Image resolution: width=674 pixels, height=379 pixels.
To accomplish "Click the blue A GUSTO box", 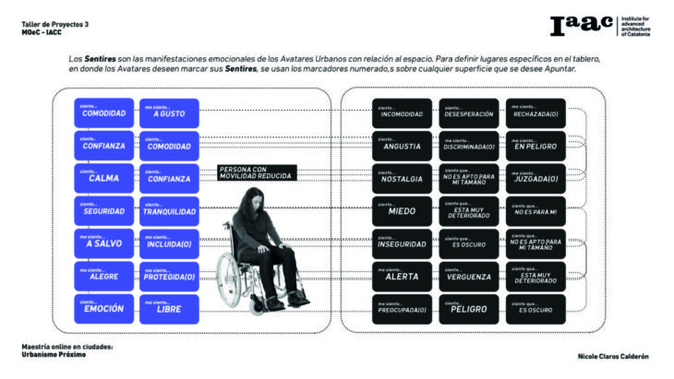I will point(168,113).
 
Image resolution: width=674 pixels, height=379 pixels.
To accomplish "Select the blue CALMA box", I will point(103,178).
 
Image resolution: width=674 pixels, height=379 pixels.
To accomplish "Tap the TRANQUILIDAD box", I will point(168,210).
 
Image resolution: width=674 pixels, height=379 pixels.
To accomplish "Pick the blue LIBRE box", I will point(168,308).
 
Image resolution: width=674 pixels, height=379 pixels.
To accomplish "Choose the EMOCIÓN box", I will point(103,308).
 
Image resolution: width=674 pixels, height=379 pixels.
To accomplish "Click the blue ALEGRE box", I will point(103,276).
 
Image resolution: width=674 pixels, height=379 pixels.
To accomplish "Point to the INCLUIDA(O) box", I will point(168,243).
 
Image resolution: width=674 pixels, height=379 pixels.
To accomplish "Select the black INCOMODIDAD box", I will point(402,113).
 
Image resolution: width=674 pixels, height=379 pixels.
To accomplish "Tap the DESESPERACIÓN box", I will point(468,113).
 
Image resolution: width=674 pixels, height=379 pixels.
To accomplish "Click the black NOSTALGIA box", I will point(402,178).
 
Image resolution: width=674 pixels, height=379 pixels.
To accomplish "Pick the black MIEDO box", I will point(402,210).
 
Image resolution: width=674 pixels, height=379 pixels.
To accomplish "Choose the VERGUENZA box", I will point(468,276).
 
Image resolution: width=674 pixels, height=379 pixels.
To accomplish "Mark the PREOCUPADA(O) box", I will point(402,308).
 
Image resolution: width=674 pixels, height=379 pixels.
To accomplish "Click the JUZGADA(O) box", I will point(536,178).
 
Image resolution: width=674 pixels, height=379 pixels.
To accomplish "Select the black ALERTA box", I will point(402,276).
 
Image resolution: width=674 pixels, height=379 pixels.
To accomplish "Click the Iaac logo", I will point(583,27).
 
